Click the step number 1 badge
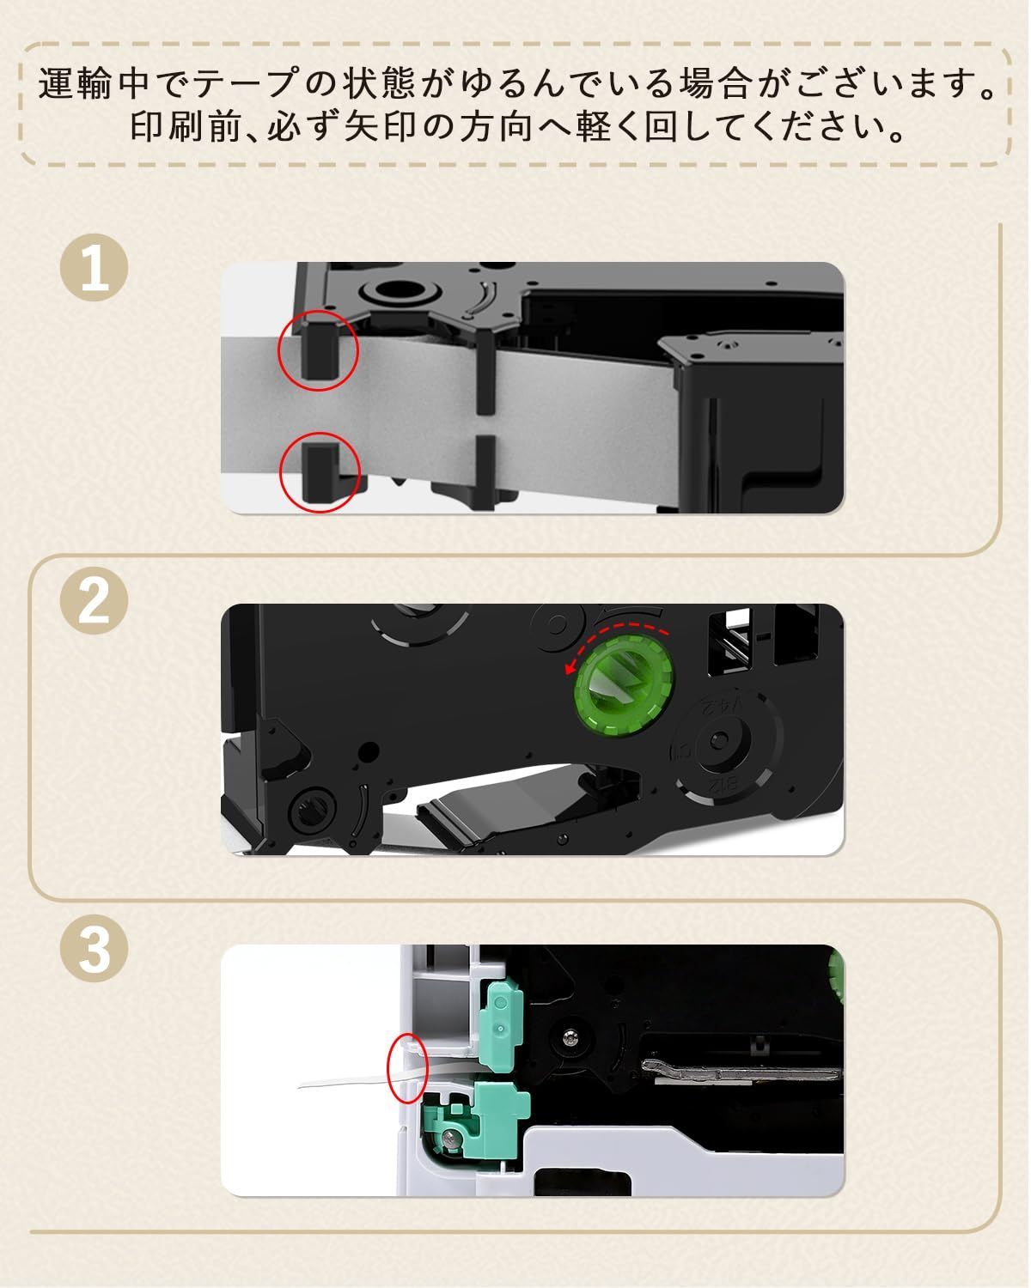(94, 268)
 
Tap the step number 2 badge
(94, 601)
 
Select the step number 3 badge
(94, 948)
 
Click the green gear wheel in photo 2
(623, 685)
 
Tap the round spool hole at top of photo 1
(395, 290)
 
